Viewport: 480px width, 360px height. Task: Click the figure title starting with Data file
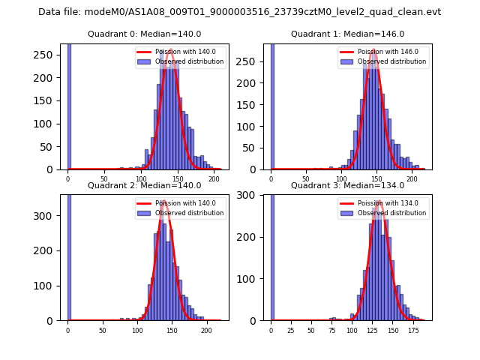(239, 12)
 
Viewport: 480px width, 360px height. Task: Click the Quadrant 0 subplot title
(144, 34)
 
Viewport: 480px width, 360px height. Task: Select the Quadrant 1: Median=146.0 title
(347, 34)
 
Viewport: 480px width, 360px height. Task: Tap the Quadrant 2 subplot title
(144, 185)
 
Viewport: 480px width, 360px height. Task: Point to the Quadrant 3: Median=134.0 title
(347, 185)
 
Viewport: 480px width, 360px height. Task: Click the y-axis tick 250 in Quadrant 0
(48, 55)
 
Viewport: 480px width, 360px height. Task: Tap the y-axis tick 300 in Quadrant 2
(48, 216)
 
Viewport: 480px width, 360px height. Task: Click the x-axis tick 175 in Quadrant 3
(412, 329)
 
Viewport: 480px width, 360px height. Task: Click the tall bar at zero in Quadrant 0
(69, 105)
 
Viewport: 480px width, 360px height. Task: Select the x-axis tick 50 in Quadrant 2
(103, 329)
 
